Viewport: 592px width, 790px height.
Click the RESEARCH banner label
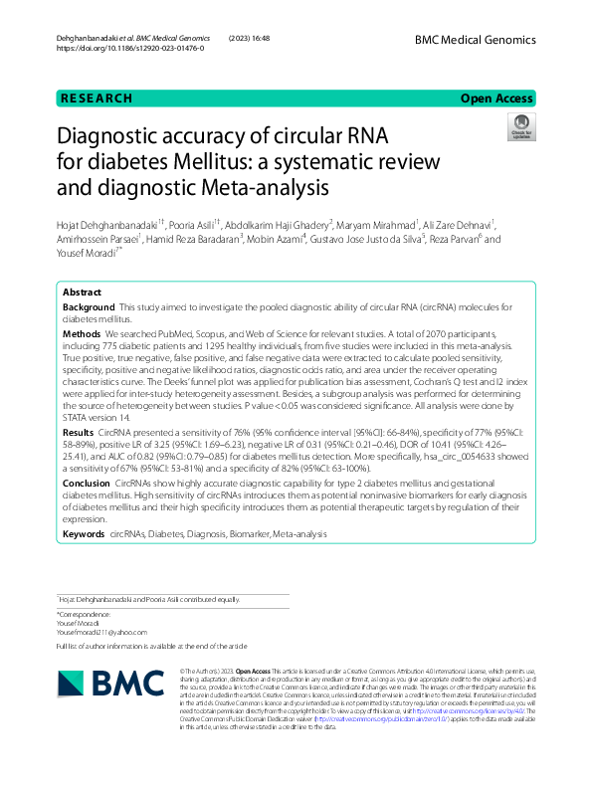[97, 99]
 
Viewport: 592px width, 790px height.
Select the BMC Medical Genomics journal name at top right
[476, 40]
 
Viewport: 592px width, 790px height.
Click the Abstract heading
[82, 293]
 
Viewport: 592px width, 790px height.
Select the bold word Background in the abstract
[88, 309]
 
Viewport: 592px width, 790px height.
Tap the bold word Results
[79, 434]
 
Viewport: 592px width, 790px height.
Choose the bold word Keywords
[84, 534]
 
